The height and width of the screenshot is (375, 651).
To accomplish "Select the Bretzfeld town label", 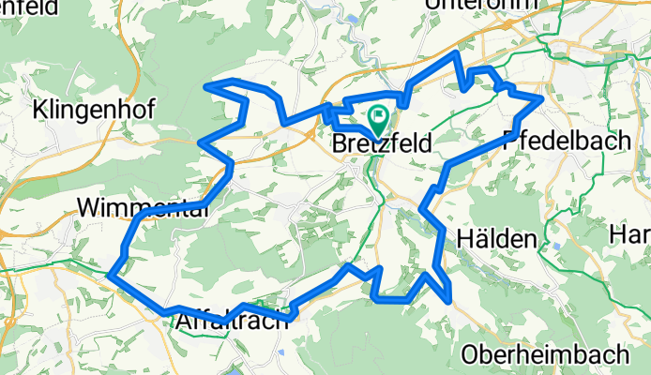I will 383,145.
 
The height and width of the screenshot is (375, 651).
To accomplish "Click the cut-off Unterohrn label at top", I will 482,5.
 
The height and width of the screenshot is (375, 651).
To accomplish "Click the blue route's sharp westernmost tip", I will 110,276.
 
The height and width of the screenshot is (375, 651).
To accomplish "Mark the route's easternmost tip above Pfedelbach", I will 542,97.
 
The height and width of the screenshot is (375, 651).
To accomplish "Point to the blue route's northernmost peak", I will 457,54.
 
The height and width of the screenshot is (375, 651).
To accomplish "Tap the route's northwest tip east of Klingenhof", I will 206,86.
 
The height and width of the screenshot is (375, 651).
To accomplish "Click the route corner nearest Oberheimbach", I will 452,300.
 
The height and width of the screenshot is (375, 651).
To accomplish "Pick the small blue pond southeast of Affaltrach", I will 280,352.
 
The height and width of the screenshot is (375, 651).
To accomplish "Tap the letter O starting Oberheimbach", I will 471,355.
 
